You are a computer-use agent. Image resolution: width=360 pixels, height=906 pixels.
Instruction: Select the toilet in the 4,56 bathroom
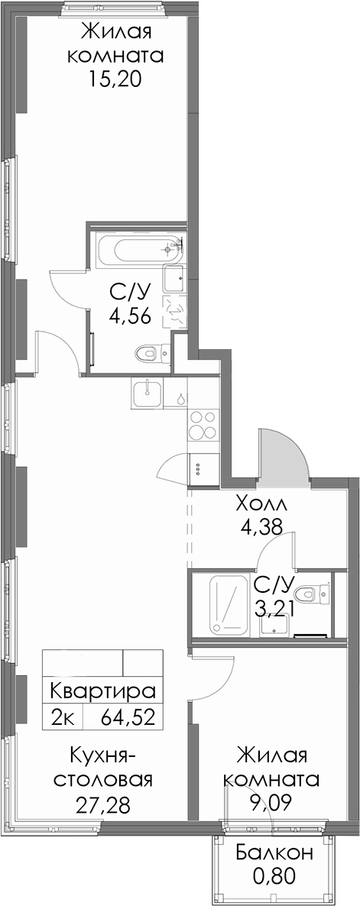click(x=153, y=351)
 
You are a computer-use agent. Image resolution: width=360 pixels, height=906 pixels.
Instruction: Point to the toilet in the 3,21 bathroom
click(x=312, y=592)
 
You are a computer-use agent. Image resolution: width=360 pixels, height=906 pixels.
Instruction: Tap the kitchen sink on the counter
click(x=148, y=394)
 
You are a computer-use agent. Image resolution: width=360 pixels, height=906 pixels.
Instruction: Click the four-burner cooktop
click(x=203, y=425)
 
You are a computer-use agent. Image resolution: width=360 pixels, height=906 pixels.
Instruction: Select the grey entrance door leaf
click(x=283, y=454)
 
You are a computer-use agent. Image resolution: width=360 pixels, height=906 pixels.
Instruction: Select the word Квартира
click(x=104, y=691)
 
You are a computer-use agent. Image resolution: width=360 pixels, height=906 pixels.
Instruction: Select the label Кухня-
click(x=103, y=755)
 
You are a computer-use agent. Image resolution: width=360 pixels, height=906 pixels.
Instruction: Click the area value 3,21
click(x=275, y=608)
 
